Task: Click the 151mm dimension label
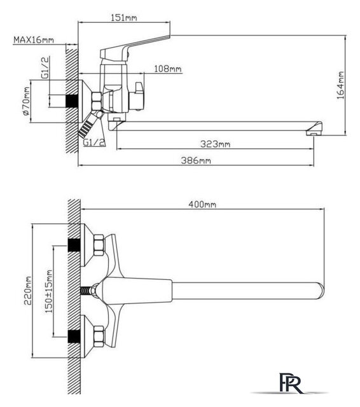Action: pos(124,18)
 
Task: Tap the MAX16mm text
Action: pos(34,39)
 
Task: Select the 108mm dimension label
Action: pos(168,69)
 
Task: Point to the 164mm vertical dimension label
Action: pos(340,85)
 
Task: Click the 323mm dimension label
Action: pos(215,144)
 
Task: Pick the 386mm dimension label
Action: pos(196,160)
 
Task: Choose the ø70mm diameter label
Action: pos(26,101)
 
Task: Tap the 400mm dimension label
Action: pos(202,204)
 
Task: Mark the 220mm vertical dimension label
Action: pos(28,291)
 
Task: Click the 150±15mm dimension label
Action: pos(48,291)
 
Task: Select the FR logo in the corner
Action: pos(290,383)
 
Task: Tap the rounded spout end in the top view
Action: pos(321,291)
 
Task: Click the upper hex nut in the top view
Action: pos(99,245)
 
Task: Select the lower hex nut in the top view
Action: pos(99,336)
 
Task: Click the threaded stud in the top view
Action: pos(87,291)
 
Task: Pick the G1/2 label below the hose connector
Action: pos(94,142)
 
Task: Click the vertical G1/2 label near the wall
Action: pos(45,67)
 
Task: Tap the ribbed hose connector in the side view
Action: pos(88,126)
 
